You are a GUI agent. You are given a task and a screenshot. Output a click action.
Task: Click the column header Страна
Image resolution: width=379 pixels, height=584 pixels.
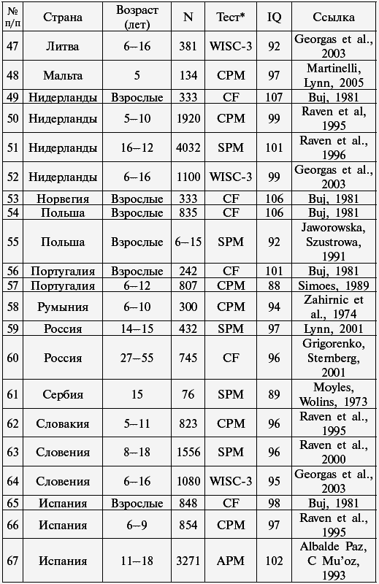[63, 17]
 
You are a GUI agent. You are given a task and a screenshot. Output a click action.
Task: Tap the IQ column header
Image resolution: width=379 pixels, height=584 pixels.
[274, 17]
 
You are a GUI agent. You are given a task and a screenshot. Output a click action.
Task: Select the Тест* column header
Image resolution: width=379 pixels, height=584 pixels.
[231, 17]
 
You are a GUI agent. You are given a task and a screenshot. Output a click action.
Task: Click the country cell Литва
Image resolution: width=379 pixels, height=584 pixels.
[63, 47]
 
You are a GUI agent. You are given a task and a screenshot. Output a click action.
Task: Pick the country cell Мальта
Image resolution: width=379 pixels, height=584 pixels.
[63, 75]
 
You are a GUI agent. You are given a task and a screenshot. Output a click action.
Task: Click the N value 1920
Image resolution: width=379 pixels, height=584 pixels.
[188, 118]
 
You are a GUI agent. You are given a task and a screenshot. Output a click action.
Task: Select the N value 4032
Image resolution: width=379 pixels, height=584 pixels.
[188, 147]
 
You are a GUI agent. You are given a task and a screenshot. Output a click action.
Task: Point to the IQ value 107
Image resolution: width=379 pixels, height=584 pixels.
[274, 97]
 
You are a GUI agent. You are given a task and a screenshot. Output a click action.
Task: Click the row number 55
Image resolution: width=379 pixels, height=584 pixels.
[12, 242]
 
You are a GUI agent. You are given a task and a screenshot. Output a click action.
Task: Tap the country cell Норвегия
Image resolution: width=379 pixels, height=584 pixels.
[63, 199]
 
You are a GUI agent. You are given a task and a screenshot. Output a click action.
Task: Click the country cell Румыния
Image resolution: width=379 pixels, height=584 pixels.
[63, 307]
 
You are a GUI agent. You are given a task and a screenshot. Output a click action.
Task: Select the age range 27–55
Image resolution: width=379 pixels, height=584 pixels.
[137, 358]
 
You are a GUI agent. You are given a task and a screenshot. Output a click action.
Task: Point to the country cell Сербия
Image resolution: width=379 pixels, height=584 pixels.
[63, 394]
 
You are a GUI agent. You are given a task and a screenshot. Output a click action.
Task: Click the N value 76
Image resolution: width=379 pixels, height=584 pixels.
[188, 394]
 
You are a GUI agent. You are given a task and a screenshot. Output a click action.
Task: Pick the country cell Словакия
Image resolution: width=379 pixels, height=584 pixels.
[63, 423]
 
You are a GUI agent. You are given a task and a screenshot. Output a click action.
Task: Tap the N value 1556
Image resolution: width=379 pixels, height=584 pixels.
[188, 452]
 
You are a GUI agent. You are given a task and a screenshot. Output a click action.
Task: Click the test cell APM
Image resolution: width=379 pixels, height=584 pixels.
[231, 561]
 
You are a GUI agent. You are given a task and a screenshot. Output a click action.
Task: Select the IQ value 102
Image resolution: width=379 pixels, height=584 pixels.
[274, 561]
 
